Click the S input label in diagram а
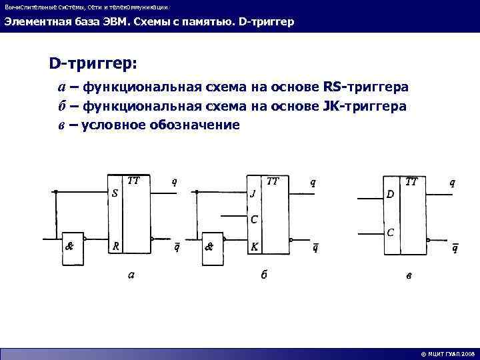pos(115,194)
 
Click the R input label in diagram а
pos(115,245)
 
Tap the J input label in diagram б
pos(252,195)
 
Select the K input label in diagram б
pos(254,246)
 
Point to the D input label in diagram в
pos(391,194)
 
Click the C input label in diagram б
pos(253,219)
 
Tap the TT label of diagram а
pos(133,181)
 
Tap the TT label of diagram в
pos(411,181)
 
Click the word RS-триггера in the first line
pos(366,87)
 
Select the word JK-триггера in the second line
pos(365,106)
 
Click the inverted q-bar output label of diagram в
pos(455,249)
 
